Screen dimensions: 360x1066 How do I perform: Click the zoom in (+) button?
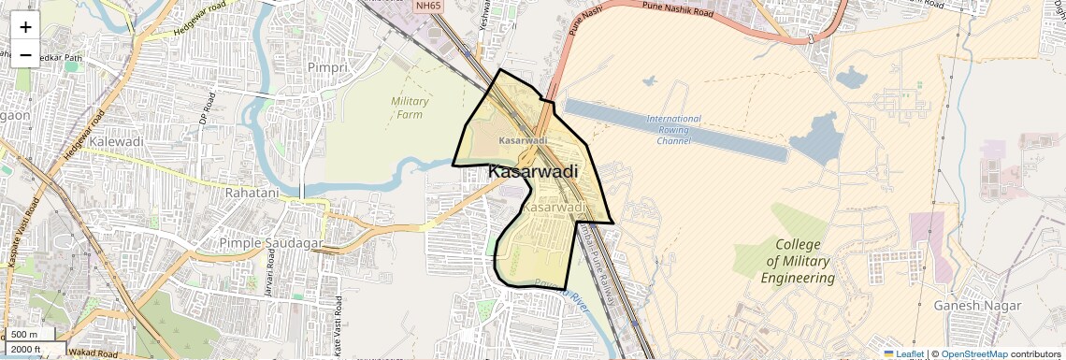pos(25,27)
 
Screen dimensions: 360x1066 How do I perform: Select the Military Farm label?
pos(410,108)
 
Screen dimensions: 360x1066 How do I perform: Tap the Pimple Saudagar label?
pos(270,243)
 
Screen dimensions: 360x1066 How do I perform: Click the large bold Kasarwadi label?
pos(533,172)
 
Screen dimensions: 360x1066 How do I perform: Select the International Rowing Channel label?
pos(673,130)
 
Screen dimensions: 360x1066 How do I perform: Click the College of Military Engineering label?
pos(798,261)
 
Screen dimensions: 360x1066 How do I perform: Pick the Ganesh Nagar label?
pos(975,305)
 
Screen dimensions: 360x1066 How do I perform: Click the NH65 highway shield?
pos(428,6)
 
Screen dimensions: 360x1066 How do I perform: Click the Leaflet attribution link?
pos(903,354)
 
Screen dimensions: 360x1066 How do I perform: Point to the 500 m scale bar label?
pos(25,335)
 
